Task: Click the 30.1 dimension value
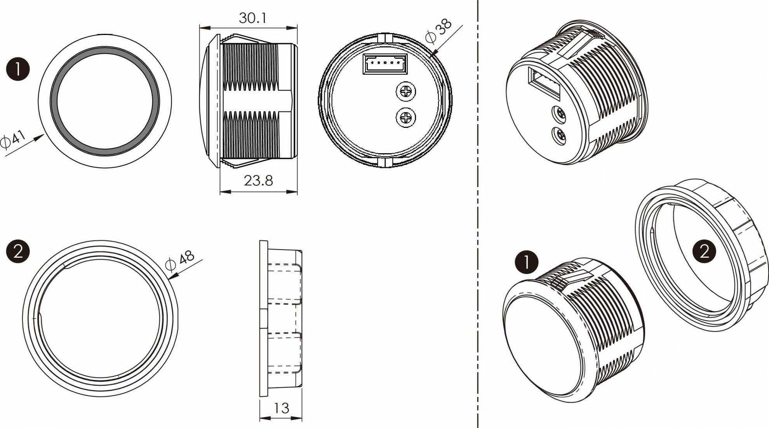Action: (x=252, y=18)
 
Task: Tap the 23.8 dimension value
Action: (x=258, y=181)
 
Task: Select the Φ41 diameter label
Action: (x=12, y=139)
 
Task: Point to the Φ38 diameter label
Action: (x=438, y=31)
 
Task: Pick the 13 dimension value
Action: (x=281, y=408)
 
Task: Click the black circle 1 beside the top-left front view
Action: (x=18, y=69)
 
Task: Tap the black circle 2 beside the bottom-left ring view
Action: (x=18, y=252)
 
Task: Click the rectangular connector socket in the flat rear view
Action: (x=385, y=64)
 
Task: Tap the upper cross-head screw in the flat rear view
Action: (x=405, y=92)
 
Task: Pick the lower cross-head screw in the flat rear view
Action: (x=405, y=117)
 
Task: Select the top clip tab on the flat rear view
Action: (x=385, y=37)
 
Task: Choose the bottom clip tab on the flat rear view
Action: (x=385, y=163)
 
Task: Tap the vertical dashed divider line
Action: (x=478, y=214)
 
